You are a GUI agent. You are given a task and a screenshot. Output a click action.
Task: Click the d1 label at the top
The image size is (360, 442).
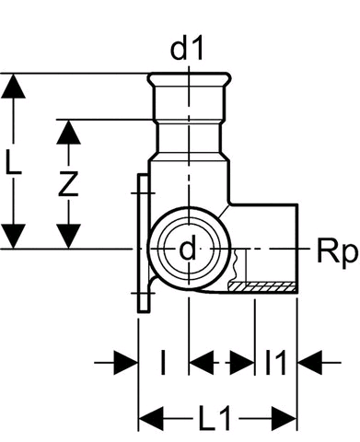(187, 50)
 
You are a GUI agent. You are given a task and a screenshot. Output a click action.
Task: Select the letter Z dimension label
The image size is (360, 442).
(68, 184)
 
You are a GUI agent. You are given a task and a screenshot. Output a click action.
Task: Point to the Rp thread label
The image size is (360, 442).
(337, 253)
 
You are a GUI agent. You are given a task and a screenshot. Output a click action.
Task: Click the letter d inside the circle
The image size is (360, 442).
(187, 248)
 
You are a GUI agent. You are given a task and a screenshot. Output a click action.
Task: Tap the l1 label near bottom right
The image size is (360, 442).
(275, 362)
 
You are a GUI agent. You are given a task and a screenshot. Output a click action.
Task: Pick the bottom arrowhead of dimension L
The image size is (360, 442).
(13, 236)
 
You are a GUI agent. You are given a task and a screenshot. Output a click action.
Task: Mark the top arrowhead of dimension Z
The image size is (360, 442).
(68, 132)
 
